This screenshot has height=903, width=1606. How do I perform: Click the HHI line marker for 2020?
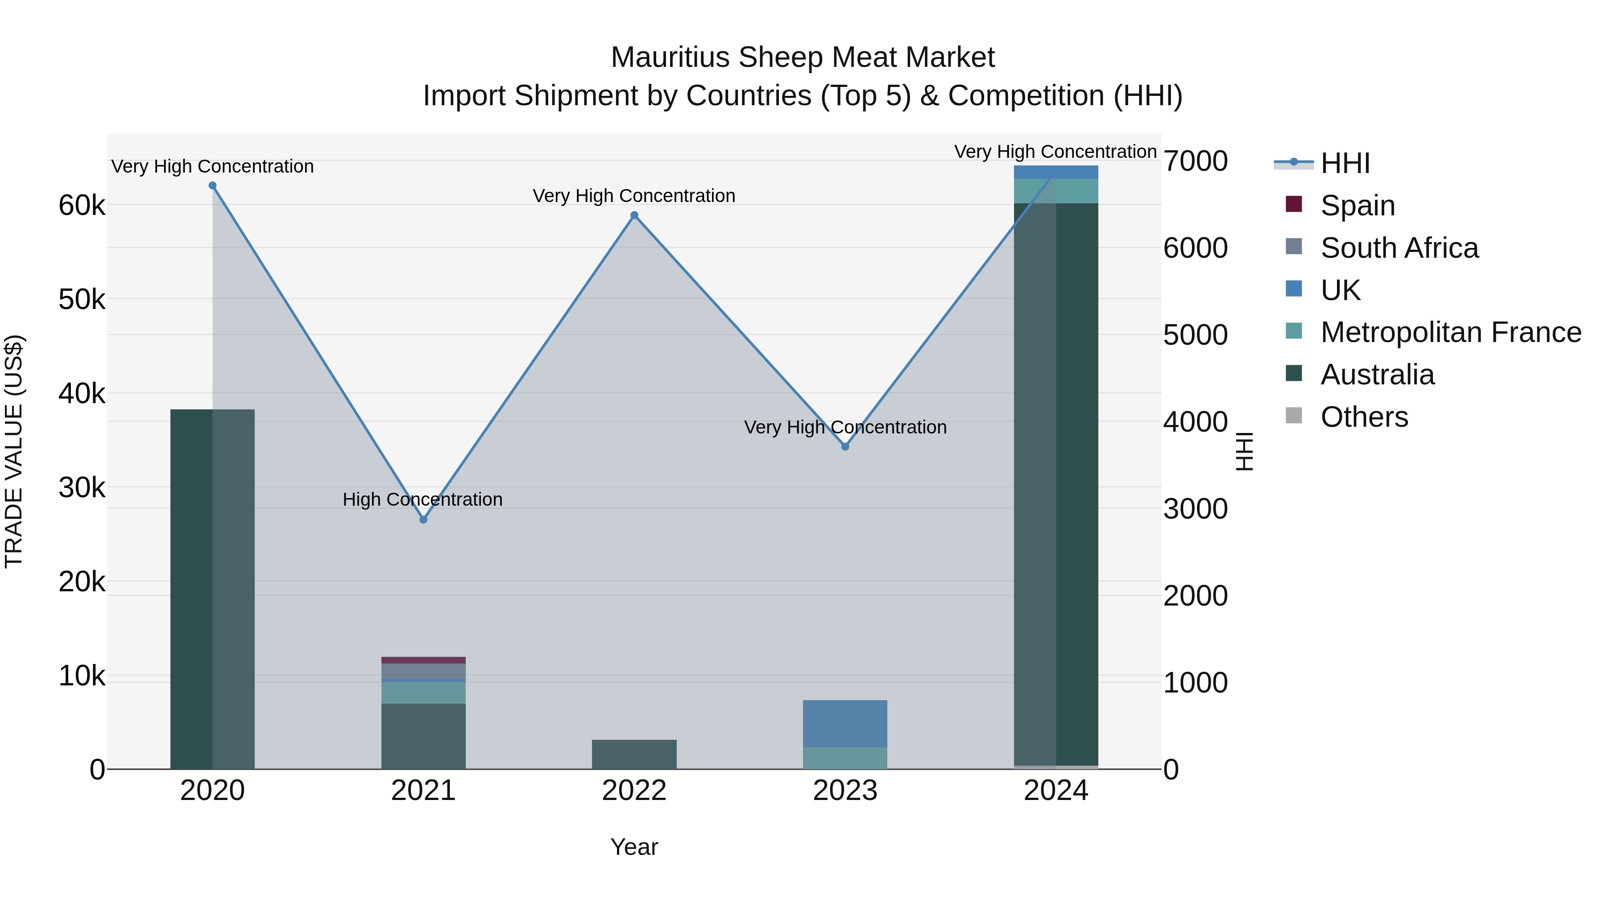(213, 186)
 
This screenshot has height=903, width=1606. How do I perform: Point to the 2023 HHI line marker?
(845, 447)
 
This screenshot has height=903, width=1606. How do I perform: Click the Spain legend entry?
(1357, 206)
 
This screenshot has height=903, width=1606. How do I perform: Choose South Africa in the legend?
(1399, 248)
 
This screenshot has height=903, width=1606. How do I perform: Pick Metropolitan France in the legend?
(1450, 333)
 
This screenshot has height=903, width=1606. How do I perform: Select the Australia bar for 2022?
(634, 755)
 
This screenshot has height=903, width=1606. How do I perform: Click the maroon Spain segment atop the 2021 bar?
(423, 660)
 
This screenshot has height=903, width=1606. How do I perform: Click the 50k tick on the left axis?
(82, 300)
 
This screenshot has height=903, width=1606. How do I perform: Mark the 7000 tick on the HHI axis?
(1196, 161)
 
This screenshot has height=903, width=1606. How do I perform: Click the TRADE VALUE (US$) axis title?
(14, 452)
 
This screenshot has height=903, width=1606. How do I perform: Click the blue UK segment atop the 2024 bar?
(1056, 172)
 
